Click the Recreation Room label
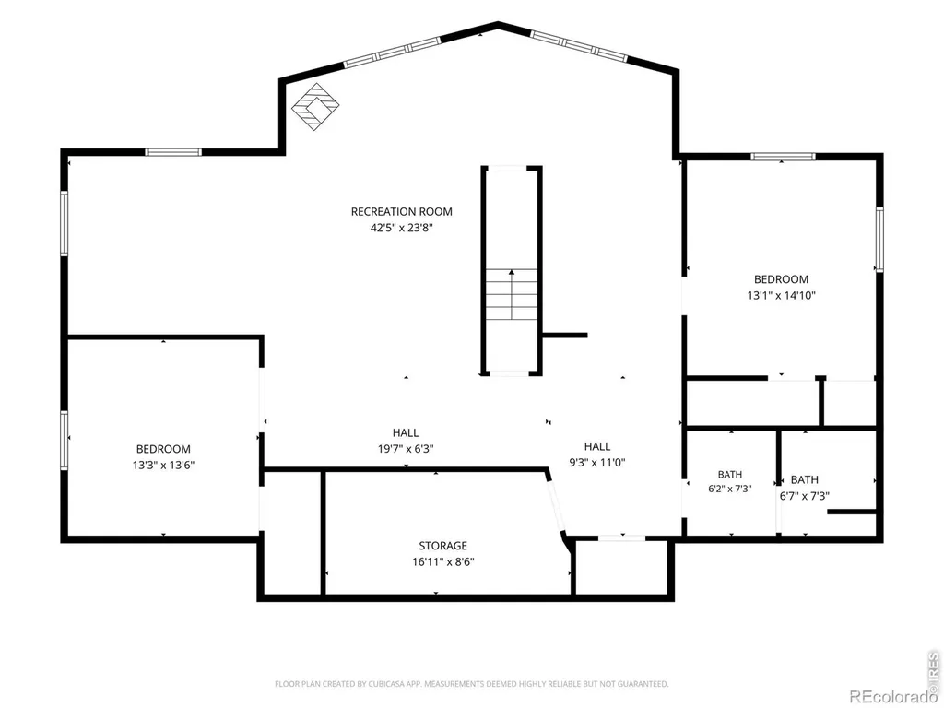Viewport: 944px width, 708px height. (402, 211)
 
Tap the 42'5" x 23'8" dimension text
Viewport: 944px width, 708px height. (402, 228)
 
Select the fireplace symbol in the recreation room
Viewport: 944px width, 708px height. (315, 107)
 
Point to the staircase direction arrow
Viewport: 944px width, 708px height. (512, 294)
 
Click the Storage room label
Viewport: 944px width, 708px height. (443, 546)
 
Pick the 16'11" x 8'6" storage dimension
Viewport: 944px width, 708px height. (443, 562)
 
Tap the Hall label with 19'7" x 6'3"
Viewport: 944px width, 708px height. (406, 432)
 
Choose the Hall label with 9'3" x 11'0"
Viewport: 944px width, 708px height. (597, 446)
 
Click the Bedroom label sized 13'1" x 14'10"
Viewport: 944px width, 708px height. (781, 279)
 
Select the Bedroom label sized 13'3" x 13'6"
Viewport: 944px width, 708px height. (163, 449)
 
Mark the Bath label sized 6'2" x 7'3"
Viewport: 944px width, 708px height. (730, 475)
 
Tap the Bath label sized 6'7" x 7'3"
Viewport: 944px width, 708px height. (804, 479)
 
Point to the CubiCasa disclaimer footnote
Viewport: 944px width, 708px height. (471, 684)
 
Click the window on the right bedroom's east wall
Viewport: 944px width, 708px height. (879, 239)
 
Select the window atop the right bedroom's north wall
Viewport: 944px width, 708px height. (783, 157)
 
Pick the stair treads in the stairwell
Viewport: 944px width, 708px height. (512, 294)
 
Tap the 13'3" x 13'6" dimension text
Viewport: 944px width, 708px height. (163, 465)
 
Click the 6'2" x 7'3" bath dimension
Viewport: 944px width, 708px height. (730, 489)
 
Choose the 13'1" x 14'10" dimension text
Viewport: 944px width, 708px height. (782, 296)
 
